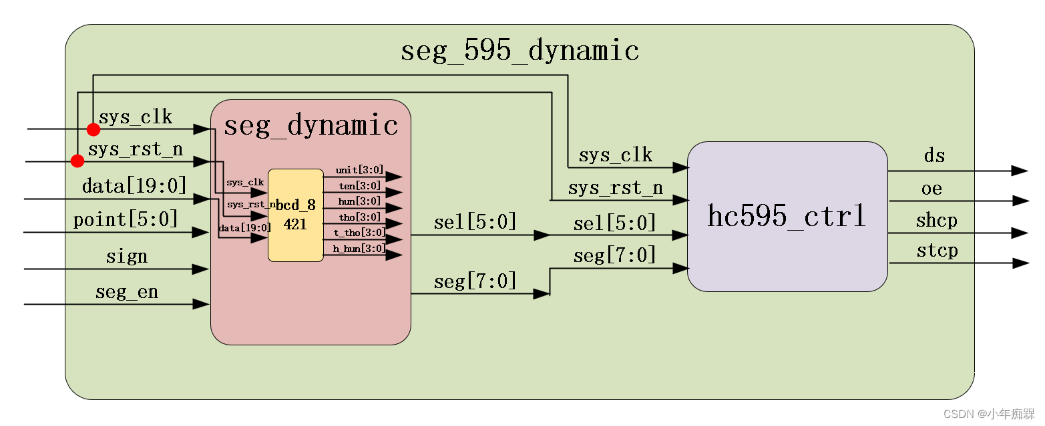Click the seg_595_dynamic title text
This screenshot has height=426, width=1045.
519,51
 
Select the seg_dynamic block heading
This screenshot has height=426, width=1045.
310,125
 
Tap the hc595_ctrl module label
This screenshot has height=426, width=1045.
787,217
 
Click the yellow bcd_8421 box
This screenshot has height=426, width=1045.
295,215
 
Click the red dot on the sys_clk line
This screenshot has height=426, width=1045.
93,129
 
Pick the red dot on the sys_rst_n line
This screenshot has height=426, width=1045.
77,161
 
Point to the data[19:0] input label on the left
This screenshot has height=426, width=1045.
134,185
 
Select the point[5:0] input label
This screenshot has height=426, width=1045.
126,219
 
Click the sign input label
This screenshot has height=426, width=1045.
127,257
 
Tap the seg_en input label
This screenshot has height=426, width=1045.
127,292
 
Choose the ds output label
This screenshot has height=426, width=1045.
934,156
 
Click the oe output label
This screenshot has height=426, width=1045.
931,189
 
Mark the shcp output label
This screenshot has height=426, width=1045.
936,220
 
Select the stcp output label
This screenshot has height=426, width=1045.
937,251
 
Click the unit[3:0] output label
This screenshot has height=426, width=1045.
359,171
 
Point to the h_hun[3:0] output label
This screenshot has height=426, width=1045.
359,249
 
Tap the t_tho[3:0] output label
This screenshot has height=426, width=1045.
359,233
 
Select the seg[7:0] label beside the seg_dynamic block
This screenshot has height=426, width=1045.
475,281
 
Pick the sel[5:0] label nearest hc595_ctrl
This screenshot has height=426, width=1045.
614,223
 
